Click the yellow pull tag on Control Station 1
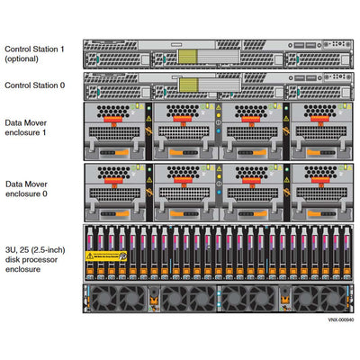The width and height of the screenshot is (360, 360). pos(187,56)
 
